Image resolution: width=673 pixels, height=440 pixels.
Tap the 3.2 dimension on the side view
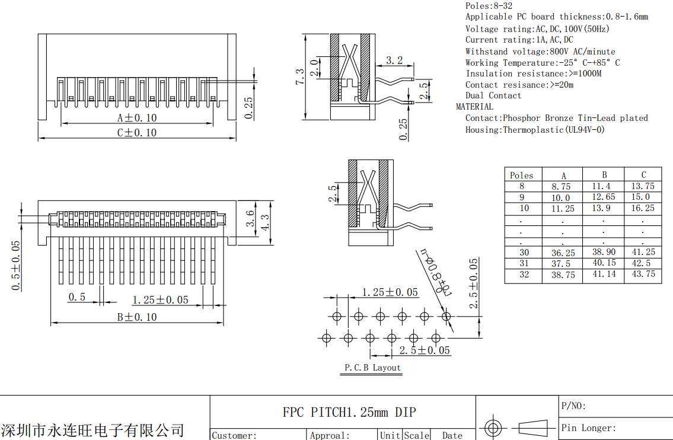click(394, 60)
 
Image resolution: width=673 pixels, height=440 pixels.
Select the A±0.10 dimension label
click(137, 117)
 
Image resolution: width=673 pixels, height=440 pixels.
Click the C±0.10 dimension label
click(137, 132)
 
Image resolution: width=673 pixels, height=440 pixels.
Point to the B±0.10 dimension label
click(137, 317)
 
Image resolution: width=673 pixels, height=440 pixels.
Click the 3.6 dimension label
click(250, 218)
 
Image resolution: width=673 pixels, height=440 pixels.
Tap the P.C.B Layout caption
click(373, 368)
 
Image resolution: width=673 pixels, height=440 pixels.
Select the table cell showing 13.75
click(643, 186)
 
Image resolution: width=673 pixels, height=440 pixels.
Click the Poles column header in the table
click(522, 176)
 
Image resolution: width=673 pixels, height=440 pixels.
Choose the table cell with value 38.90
click(604, 252)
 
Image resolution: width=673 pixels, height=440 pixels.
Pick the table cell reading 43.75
click(643, 274)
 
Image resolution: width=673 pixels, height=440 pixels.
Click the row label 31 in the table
click(524, 263)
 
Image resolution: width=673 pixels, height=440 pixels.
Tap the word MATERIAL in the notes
click(474, 107)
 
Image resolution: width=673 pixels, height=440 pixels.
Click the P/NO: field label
click(573, 406)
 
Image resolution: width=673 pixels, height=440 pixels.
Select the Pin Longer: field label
click(589, 428)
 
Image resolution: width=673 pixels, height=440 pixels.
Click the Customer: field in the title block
click(234, 435)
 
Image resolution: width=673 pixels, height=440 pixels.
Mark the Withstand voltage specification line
click(540, 52)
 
